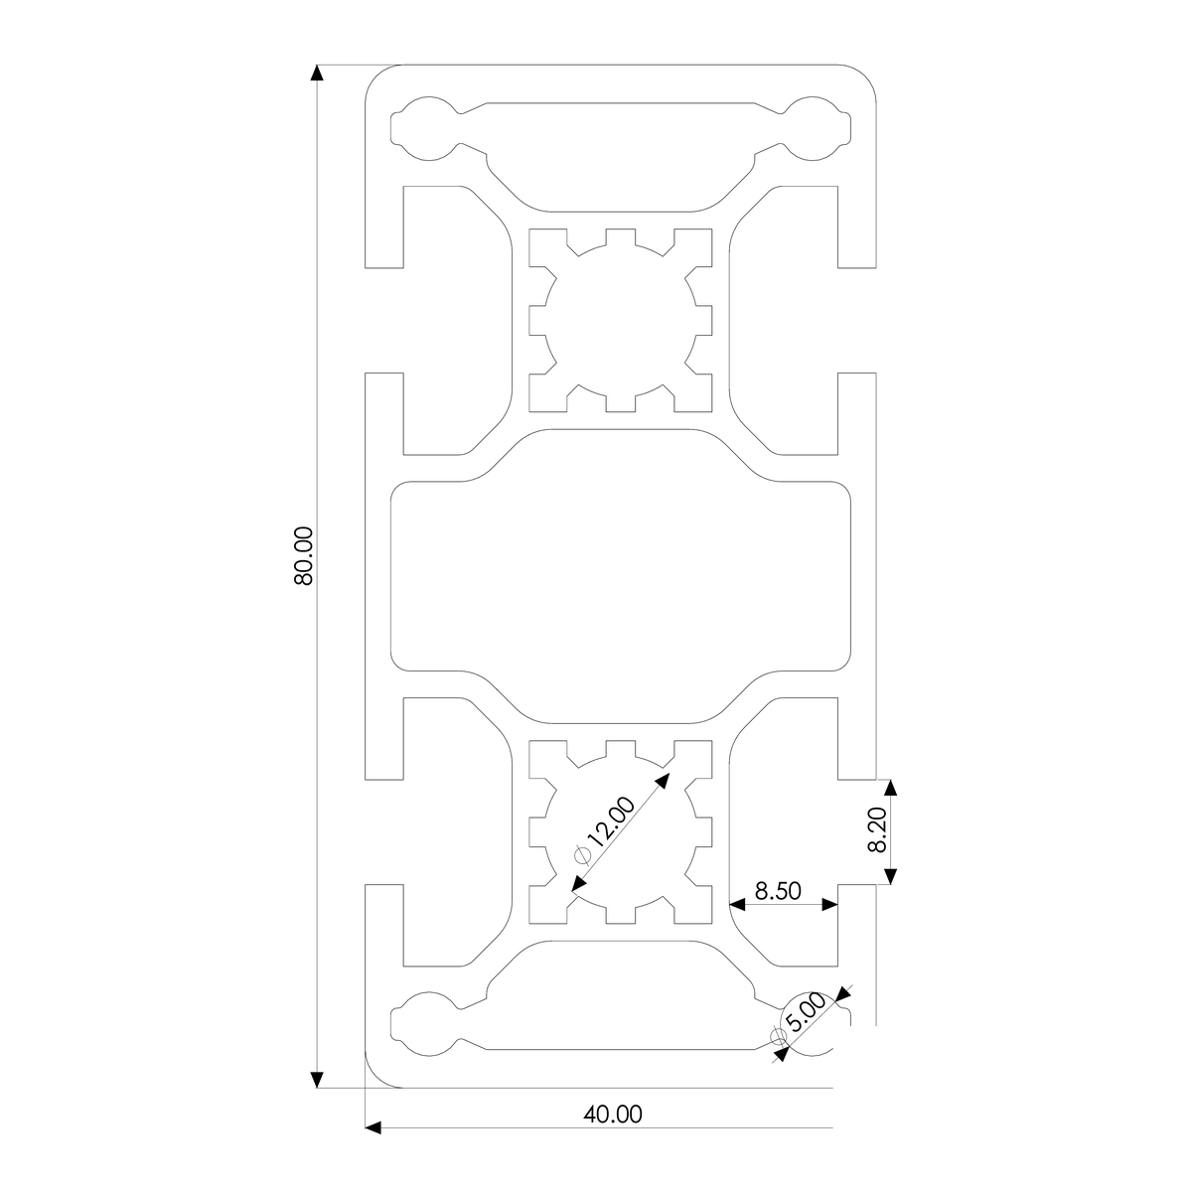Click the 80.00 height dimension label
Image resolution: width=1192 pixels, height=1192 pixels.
tap(304, 555)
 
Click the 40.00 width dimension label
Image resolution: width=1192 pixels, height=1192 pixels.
tap(613, 1115)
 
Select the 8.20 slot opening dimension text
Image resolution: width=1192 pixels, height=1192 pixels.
tap(877, 830)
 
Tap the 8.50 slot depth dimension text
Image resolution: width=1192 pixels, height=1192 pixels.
tap(778, 890)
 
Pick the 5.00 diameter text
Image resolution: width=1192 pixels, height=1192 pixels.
tap(807, 1014)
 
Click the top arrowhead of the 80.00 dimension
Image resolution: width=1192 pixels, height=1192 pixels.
tap(318, 74)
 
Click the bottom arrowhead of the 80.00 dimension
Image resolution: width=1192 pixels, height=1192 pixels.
tap(318, 1080)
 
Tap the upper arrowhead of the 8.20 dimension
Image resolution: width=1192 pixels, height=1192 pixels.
tap(890, 787)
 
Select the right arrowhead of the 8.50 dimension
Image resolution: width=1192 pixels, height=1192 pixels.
tap(829, 905)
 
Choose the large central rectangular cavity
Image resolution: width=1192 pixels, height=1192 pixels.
tap(622, 576)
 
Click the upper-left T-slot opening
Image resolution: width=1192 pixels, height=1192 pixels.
tap(384, 320)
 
